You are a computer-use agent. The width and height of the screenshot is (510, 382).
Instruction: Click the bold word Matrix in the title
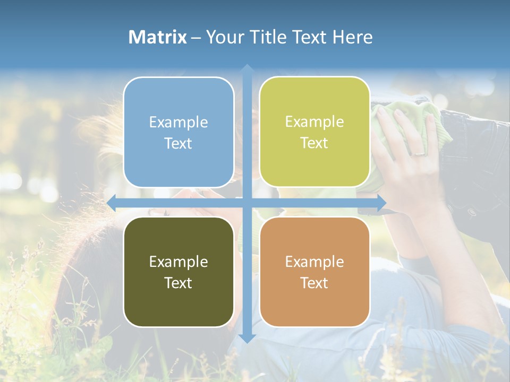158,37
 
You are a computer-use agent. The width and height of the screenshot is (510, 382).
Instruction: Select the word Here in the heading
352,37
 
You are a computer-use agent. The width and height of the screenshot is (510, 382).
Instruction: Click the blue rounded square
178,132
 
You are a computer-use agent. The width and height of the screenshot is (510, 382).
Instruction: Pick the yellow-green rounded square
314,132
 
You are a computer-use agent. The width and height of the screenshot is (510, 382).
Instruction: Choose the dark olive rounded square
178,272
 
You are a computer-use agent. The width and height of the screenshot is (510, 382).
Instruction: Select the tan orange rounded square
314,272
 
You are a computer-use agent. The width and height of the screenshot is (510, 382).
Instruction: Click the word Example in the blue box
178,122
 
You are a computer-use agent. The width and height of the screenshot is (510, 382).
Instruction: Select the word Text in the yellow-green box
314,143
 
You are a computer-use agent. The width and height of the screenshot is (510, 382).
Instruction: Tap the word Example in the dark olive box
178,262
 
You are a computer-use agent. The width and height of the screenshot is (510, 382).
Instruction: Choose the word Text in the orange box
314,283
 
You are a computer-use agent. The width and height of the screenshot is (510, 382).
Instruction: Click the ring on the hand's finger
419,153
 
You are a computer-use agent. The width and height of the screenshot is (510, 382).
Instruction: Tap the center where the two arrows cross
246,203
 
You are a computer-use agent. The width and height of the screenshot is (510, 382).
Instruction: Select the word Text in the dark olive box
178,283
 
